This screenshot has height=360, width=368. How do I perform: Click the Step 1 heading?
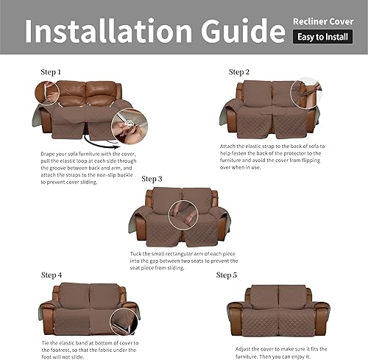[52, 72]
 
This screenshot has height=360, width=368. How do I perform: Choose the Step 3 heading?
[152, 179]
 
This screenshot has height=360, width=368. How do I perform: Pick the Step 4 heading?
[52, 275]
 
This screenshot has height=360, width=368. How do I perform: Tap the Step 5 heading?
[227, 275]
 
